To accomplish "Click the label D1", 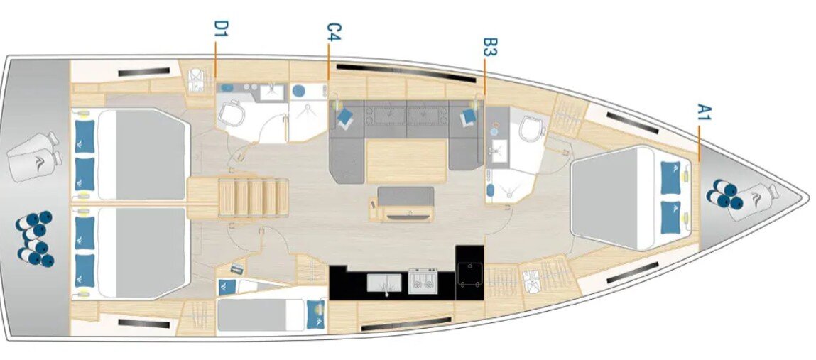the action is tap(221, 28).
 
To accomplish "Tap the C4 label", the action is tap(334, 32).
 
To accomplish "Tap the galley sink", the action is tap(384, 283).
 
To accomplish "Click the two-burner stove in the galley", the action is tap(423, 281).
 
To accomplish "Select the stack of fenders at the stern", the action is tap(36, 239).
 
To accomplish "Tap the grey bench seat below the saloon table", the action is tap(406, 195).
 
